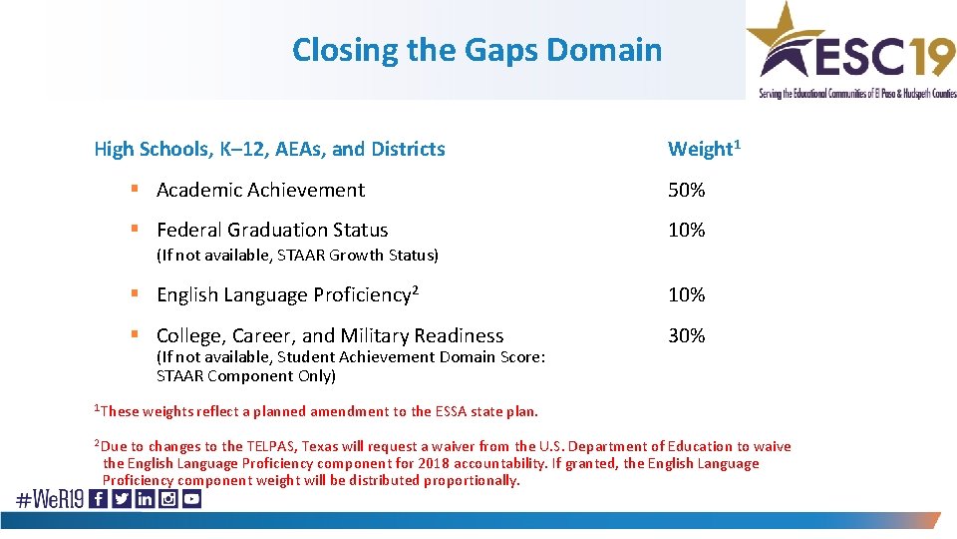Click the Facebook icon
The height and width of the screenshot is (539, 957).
point(99,499)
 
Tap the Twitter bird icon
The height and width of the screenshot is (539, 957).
point(122,499)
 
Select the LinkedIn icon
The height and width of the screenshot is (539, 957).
point(145,499)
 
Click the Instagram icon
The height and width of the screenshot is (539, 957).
point(167,499)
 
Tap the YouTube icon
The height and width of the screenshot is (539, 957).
point(190,499)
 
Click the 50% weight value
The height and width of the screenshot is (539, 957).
point(686,190)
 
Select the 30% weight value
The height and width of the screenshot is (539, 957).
point(686,335)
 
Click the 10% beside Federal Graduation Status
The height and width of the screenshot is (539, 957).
point(686,230)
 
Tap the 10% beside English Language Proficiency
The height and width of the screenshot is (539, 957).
point(686,294)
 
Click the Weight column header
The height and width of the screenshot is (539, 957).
point(700,149)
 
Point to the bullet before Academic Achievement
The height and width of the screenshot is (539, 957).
point(134,190)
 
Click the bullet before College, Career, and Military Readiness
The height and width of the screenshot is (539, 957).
point(134,335)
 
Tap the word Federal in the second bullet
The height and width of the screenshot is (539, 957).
point(190,230)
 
